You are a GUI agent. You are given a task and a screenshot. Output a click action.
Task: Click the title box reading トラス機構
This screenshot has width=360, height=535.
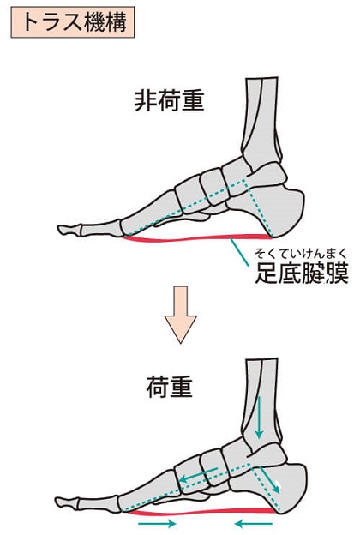click(73, 22)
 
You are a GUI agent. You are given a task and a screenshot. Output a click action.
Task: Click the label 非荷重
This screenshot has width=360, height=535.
click(169, 101)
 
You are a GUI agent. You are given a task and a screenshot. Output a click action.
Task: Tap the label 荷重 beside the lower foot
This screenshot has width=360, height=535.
click(169, 387)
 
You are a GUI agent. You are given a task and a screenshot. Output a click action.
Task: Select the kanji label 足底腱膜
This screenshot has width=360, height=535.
click(302, 273)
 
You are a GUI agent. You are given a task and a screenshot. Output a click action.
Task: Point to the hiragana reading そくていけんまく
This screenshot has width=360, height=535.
click(301, 254)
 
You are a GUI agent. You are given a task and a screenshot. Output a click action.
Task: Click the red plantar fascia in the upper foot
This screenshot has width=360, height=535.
click(197, 238)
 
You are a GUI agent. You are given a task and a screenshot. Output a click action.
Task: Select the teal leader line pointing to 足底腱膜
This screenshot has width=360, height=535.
click(239, 252)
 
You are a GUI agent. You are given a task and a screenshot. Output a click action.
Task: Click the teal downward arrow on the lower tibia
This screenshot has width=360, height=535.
click(260, 418)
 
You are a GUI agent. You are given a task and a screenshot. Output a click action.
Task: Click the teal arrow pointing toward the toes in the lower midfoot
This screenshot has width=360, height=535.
click(198, 474)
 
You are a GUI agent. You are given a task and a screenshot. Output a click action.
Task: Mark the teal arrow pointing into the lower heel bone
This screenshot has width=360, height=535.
click(269, 480)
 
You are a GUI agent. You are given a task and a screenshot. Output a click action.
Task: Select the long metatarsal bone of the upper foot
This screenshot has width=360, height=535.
click(150, 215)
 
